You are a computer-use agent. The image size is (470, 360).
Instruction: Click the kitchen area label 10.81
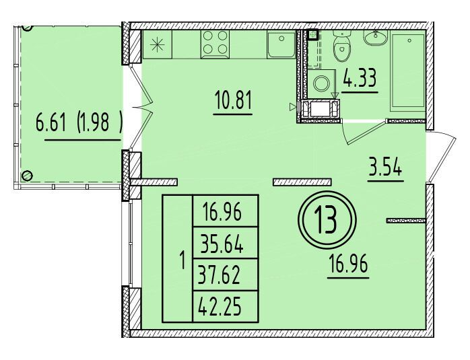pos(233,100)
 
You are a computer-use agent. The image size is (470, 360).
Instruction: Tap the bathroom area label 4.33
pos(360,78)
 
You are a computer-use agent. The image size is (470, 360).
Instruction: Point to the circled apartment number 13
pos(327,220)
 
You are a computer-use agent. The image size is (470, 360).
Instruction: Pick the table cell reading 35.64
pos(222,243)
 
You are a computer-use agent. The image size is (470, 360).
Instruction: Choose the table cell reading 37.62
pos(220,275)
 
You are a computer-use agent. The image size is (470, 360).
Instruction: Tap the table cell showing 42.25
pos(220,307)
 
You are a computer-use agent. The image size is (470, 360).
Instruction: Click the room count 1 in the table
pos(182,258)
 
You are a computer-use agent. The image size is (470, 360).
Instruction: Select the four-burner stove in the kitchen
pos(215,44)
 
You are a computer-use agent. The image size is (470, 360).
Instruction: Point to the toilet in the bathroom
pos(341,46)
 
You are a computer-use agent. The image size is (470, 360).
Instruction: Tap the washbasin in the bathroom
pos(376,38)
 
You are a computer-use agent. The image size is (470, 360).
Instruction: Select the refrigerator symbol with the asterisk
pos(157,44)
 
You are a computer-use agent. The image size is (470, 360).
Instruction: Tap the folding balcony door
pos(142,107)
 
